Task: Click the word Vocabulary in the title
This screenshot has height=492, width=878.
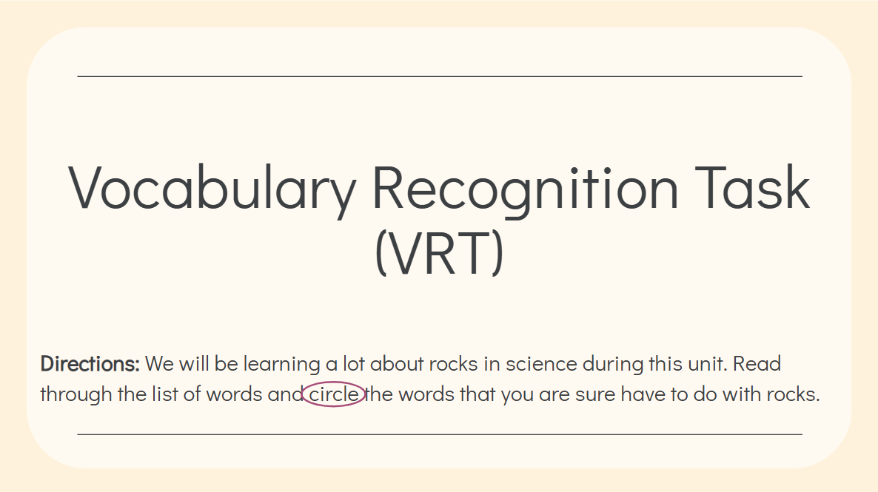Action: (212, 190)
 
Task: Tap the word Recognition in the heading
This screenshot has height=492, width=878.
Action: (525, 190)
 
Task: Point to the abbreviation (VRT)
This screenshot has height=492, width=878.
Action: (439, 252)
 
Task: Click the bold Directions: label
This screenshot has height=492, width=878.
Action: (90, 364)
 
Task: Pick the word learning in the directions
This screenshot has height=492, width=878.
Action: (281, 365)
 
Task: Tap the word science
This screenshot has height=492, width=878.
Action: (541, 364)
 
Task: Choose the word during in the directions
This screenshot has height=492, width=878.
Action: (613, 365)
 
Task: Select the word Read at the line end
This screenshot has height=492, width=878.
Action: (757, 364)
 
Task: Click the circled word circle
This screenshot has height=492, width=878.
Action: (334, 394)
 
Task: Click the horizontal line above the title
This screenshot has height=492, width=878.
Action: (440, 76)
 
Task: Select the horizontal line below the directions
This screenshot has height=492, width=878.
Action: (440, 434)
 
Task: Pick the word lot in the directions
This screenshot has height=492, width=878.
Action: (354, 364)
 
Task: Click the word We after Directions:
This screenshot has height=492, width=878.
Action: (159, 364)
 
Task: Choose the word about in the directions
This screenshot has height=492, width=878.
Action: (397, 364)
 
